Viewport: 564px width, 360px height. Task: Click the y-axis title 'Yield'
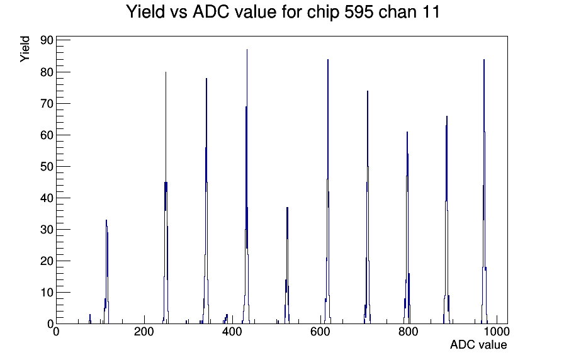[25, 49]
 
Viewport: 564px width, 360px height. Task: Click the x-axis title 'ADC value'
[478, 344]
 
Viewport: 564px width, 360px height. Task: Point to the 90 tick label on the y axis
[47, 40]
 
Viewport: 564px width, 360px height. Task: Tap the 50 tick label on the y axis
[47, 167]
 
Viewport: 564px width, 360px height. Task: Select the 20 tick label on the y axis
[47, 261]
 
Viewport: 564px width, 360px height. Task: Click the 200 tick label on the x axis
[144, 332]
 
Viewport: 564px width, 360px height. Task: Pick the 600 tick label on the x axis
[320, 332]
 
